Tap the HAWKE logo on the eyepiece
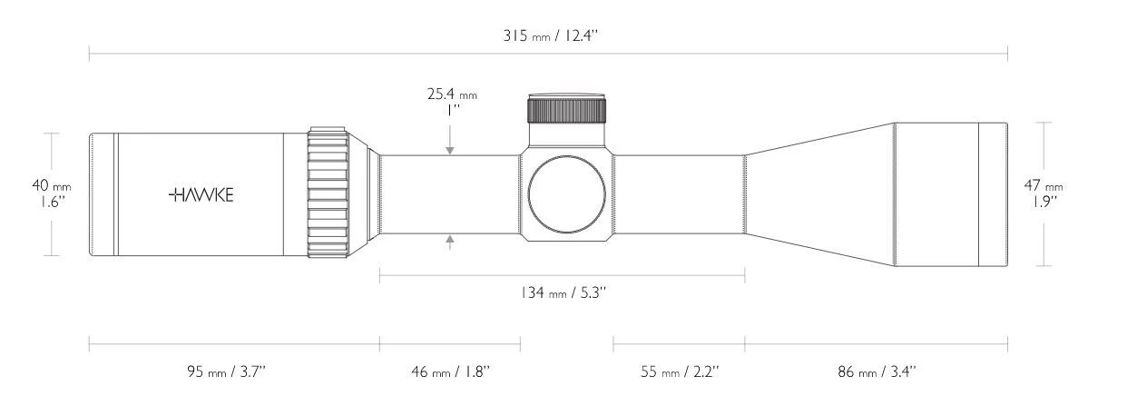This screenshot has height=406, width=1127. (x=201, y=194)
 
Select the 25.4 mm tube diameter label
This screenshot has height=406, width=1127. (x=451, y=94)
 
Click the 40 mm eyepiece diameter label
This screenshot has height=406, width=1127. (x=52, y=185)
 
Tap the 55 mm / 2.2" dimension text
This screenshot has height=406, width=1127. (x=679, y=371)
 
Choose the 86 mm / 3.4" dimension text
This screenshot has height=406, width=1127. (x=876, y=371)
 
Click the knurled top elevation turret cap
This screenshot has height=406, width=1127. (x=567, y=109)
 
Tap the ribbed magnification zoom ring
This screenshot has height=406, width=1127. (x=328, y=193)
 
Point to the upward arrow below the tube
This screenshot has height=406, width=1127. (x=451, y=240)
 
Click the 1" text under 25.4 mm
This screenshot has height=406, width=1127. (x=451, y=110)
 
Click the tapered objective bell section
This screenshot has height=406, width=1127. (x=817, y=193)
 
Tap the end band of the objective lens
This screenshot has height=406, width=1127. (x=993, y=193)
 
